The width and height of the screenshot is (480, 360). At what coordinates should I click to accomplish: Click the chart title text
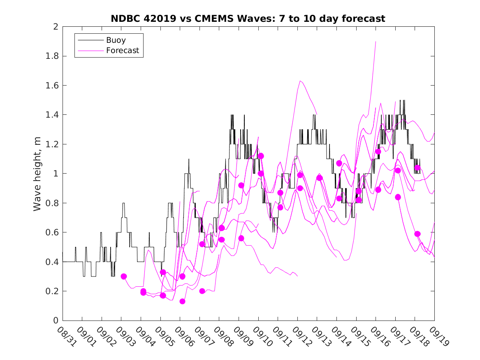(248, 19)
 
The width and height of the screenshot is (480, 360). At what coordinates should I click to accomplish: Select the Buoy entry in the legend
(116, 40)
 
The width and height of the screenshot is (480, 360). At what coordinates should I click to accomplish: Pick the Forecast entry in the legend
(122, 51)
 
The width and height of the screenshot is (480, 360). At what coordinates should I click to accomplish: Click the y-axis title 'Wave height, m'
(37, 174)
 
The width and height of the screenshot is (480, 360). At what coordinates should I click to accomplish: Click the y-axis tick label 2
(55, 27)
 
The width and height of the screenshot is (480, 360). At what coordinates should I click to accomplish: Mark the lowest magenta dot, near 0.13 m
(182, 302)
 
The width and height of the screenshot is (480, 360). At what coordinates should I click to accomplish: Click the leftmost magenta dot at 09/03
(124, 276)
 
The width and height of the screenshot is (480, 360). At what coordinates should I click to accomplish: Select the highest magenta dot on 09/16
(378, 151)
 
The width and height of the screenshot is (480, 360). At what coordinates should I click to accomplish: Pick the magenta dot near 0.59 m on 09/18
(417, 234)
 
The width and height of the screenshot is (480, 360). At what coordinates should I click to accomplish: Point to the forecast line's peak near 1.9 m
(376, 41)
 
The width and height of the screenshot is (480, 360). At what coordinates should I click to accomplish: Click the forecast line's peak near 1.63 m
(300, 81)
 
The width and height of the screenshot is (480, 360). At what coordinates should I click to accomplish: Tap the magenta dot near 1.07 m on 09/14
(339, 163)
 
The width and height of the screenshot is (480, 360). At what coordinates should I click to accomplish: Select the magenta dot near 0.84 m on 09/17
(398, 197)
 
